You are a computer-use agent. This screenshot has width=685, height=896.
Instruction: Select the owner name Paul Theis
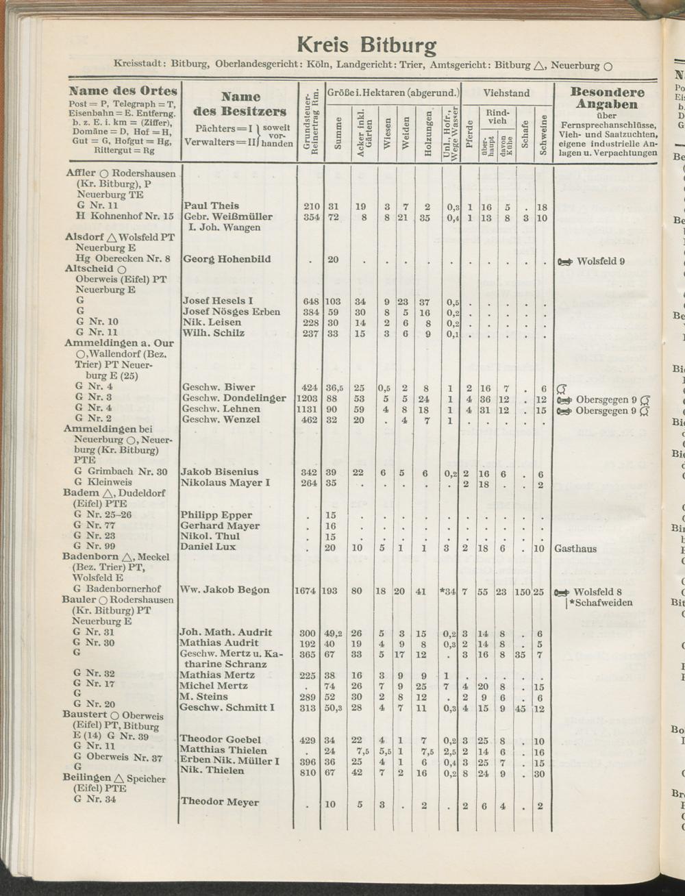212,206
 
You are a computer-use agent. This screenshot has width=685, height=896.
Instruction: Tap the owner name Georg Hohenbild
227,259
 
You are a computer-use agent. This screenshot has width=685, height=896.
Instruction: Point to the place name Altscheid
90,269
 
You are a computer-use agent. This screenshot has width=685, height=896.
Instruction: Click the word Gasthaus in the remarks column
575,549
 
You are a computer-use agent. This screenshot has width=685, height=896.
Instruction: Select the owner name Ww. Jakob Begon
225,590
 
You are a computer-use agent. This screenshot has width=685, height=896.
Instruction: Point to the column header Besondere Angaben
608,98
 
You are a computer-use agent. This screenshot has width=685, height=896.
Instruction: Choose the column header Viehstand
507,93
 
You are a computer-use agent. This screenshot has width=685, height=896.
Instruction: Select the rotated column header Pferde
470,137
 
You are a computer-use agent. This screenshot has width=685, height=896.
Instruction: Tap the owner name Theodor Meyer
219,802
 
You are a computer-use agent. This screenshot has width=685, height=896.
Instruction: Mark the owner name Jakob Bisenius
219,472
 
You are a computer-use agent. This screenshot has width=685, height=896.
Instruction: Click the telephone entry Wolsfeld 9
601,261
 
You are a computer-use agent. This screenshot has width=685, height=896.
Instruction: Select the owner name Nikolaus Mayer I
225,483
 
